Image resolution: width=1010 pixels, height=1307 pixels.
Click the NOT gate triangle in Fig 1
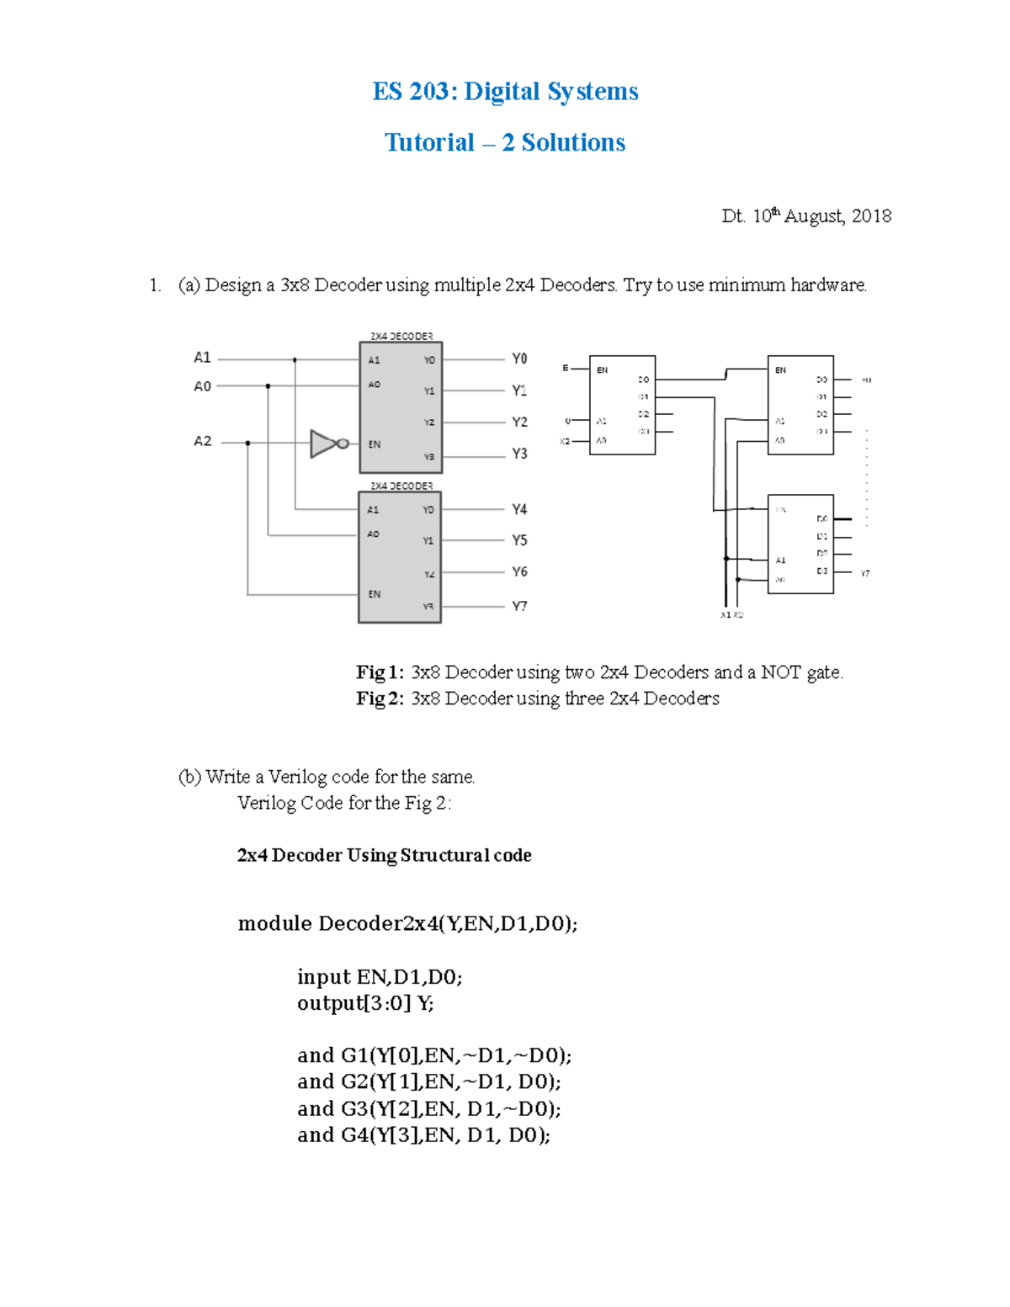323,444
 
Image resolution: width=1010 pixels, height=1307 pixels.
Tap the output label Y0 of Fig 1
519,359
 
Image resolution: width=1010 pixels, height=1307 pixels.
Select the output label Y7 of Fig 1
519,606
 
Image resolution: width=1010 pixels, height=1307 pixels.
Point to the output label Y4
519,509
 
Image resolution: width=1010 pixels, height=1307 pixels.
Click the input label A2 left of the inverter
203,441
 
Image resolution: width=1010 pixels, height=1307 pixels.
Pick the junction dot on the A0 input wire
268,386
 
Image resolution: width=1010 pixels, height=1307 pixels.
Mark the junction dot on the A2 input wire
247,443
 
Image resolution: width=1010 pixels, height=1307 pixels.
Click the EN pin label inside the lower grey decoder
375,594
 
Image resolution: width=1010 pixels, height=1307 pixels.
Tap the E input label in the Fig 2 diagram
566,368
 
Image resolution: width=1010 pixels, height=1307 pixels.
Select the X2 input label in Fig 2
565,441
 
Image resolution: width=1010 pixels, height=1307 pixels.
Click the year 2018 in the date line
871,216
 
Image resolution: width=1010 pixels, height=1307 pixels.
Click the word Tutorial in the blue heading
429,142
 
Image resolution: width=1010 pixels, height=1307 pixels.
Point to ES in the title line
387,91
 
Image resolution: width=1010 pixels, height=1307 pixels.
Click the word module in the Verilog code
274,923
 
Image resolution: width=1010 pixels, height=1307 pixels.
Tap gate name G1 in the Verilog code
354,1055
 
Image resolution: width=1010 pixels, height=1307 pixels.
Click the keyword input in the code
323,976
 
